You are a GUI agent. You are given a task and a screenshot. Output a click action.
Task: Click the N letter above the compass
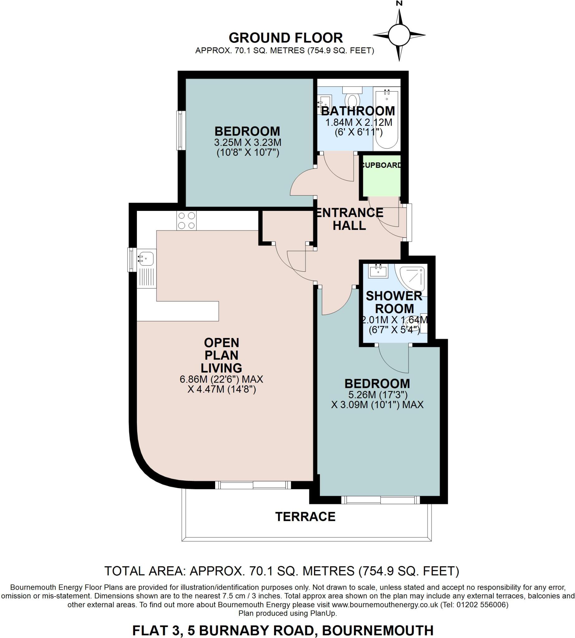pos(399,4)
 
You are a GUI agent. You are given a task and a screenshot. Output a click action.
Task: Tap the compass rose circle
pos(399,35)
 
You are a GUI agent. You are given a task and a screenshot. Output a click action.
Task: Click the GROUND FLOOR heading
pos(286,38)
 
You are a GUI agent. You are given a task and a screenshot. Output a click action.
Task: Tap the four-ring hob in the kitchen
pos(186,221)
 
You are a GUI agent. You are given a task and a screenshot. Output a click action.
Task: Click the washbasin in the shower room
pos(379,271)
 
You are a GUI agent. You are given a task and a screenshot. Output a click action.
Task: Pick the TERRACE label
pos(305,517)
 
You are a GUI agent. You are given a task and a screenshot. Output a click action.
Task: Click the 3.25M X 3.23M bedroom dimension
pos(248,142)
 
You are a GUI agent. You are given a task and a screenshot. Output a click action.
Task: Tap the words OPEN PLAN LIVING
pos(221,355)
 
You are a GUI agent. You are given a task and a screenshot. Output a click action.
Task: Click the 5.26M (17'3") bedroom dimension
pos(377,395)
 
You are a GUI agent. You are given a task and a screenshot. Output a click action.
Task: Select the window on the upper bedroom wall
pos(181,131)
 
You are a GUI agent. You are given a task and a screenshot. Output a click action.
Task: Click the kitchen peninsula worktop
pos(178,311)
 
